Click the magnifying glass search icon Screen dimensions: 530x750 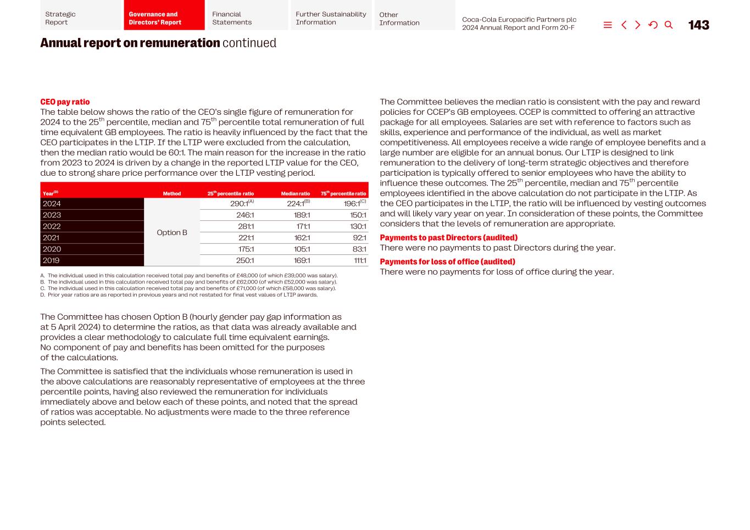click(668, 25)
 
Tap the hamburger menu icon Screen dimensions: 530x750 click(607, 25)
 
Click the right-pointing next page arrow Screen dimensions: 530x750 click(637, 25)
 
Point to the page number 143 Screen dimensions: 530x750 click(698, 25)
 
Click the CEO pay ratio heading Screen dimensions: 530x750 click(65, 102)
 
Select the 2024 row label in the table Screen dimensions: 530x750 click(52, 204)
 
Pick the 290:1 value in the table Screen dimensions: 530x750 click(239, 204)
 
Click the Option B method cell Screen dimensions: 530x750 click(172, 232)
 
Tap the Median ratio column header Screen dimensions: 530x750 click(295, 194)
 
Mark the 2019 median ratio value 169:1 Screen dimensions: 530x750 click(302, 260)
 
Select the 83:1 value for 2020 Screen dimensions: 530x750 click(359, 249)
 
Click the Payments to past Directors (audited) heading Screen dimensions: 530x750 click(448, 238)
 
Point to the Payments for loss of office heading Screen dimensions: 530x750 click(447, 262)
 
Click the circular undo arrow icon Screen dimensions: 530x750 click(653, 25)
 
